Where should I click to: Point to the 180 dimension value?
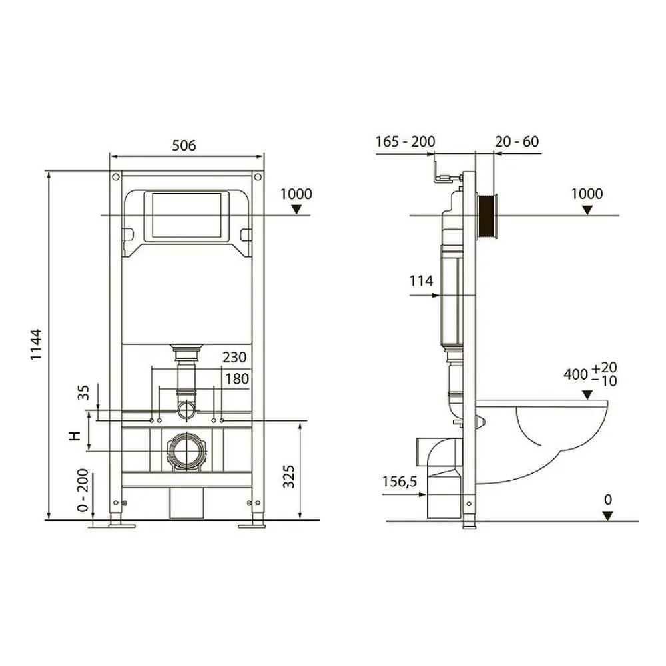click(236, 379)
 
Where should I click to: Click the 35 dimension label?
click(84, 392)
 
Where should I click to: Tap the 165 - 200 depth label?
click(405, 141)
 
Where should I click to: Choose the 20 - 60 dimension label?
click(517, 141)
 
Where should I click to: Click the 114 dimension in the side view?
click(421, 280)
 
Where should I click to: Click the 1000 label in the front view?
click(296, 194)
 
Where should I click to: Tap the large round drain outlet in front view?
click(187, 451)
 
